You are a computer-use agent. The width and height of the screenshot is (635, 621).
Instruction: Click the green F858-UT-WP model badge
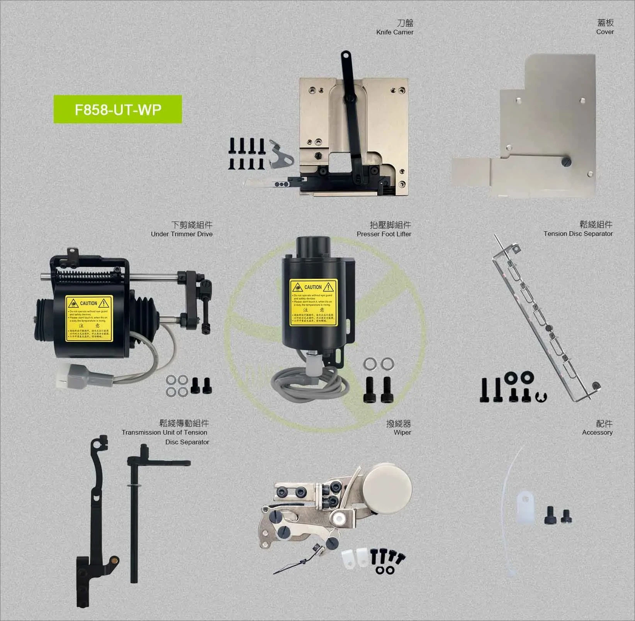pos(117,109)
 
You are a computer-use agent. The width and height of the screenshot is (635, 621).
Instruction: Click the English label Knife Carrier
pos(394,32)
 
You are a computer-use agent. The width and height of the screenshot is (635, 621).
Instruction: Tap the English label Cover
pos(604,32)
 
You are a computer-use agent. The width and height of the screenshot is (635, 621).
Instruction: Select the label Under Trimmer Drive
pos(182,234)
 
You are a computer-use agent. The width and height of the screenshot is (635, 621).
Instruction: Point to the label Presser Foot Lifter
pos(384,234)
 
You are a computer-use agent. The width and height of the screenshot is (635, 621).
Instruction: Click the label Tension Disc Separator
pos(578,234)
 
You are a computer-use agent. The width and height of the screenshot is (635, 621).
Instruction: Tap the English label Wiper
pos(402,433)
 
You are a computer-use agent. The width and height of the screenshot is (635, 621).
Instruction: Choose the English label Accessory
pos(597,433)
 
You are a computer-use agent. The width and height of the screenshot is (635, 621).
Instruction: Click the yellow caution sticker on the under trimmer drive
pos(89,319)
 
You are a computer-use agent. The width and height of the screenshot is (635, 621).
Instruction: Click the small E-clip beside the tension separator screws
pos(541,396)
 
